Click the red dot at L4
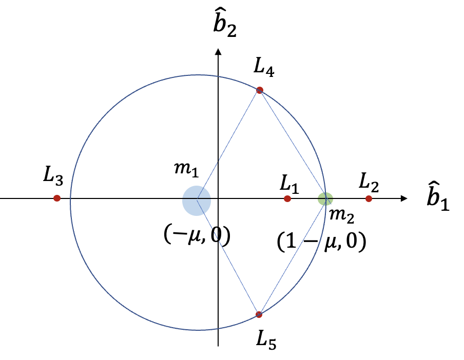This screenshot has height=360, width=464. coord(259,90)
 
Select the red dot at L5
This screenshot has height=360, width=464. coord(259,314)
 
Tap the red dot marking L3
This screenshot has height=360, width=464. coord(57,198)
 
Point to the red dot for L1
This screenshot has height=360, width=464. coord(287,198)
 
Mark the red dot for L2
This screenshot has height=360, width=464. coord(368,198)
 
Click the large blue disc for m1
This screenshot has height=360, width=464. coord(197,201)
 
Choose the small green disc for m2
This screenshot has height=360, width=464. coord(325,198)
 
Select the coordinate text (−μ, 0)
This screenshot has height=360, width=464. coord(197,234)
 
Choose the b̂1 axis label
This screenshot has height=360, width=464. coord(438,198)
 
